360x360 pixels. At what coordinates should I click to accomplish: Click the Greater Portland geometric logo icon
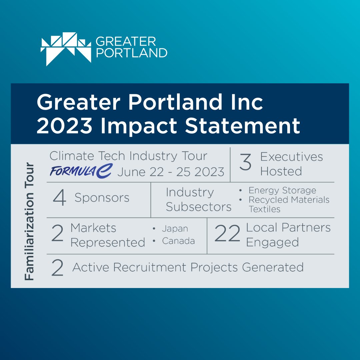[x=66, y=49]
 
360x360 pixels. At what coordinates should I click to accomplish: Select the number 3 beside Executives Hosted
[x=245, y=163]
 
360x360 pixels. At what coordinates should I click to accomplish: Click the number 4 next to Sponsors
[x=60, y=198]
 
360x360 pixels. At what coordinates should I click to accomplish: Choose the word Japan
[x=175, y=229]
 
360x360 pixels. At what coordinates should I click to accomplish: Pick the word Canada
[x=178, y=241]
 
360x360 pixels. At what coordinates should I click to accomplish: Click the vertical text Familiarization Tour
[x=30, y=221]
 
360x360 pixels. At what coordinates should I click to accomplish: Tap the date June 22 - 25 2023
[x=171, y=172]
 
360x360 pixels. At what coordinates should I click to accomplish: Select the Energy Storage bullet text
[x=282, y=190]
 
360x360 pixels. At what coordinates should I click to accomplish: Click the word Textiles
[x=264, y=209]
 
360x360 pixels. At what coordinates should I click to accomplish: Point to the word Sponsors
[x=102, y=198]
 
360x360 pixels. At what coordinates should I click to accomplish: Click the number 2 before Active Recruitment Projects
[x=57, y=268]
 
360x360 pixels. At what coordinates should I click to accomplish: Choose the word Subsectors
[x=199, y=207]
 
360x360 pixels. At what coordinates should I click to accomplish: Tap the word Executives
[x=291, y=157]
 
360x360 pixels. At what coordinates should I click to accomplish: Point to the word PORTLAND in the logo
[x=131, y=53]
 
